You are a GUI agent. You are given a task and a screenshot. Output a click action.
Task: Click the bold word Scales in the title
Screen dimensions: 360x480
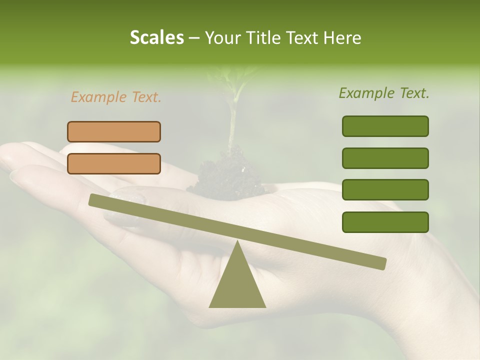157,38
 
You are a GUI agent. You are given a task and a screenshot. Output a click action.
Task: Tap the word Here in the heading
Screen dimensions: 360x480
342,38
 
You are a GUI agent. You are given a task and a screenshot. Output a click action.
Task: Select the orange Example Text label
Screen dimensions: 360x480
116,97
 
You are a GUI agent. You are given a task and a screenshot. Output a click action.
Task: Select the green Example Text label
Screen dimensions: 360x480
384,93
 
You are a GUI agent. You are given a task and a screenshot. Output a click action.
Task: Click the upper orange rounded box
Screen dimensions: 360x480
114,131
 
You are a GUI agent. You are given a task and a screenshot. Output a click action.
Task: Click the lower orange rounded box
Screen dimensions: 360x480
114,163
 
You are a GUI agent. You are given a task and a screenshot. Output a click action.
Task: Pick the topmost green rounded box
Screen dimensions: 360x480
385,126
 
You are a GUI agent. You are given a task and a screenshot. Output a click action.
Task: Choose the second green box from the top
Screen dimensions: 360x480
385,158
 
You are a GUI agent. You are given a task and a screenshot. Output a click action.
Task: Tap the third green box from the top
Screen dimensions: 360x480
385,190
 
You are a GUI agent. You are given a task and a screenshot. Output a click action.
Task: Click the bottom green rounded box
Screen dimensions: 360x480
385,222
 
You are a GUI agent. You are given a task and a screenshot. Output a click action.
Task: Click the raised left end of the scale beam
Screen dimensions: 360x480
95,200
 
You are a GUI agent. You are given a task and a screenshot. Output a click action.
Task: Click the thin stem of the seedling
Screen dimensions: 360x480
231,125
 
